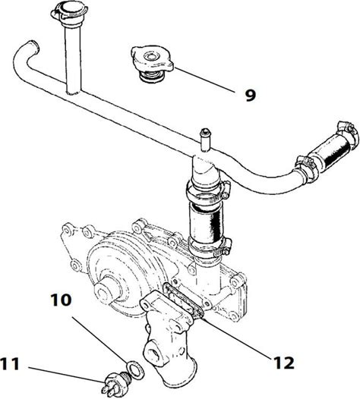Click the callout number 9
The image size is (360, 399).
pyautogui.click(x=250, y=96)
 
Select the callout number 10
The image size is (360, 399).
pyautogui.click(x=62, y=300)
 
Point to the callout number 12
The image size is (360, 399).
pyautogui.click(x=284, y=363)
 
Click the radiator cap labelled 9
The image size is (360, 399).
pyautogui.click(x=152, y=64)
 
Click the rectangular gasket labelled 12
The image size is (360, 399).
pyautogui.click(x=183, y=300)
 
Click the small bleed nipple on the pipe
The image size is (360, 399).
pyautogui.click(x=205, y=140)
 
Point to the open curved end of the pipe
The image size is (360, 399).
pyautogui.click(x=34, y=46)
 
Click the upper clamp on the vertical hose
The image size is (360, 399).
pyautogui.click(x=208, y=191)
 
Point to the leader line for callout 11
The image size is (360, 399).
pyautogui.click(x=66, y=374)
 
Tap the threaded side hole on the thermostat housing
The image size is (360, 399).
pyautogui.click(x=153, y=353)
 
